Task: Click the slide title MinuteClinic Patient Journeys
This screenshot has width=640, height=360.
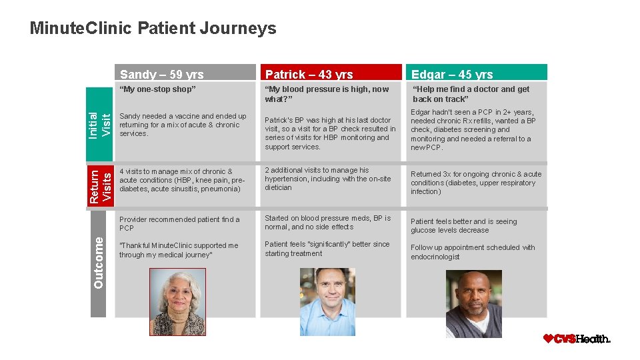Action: [x=153, y=29]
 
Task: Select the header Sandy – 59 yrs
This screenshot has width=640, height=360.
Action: [x=161, y=74]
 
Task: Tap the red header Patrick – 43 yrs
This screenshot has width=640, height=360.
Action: [x=309, y=74]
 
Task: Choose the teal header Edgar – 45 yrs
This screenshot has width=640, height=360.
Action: [x=452, y=74]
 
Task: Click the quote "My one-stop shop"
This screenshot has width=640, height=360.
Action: [x=157, y=89]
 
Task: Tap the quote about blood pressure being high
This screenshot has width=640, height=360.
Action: [x=326, y=94]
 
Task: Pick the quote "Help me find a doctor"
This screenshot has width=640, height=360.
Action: [x=471, y=94]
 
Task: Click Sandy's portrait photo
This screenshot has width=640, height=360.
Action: [x=177, y=302]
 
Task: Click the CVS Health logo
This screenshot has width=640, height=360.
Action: [x=577, y=339]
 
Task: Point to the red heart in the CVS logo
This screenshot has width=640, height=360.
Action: [x=549, y=339]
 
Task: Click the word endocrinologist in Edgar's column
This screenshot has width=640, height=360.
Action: [x=435, y=257]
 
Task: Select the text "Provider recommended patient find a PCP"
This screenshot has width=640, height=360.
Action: [x=179, y=223]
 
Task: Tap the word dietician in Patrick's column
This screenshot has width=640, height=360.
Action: [x=278, y=187]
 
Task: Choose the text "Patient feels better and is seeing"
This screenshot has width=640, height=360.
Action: [x=463, y=221]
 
